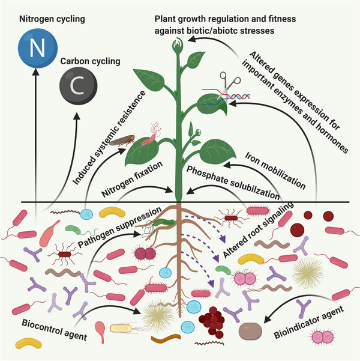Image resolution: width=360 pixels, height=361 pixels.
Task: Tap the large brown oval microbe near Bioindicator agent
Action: click(x=250, y=330)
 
